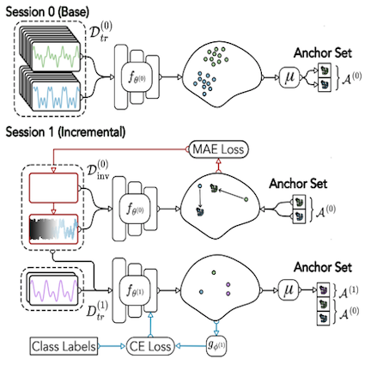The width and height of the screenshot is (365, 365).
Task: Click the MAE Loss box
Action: [218, 149]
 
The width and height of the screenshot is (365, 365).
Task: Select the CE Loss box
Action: [150, 346]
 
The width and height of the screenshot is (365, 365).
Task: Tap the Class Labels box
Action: [64, 346]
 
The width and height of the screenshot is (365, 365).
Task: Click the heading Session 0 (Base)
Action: [47, 12]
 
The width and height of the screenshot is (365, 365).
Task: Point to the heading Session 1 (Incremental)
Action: [65, 132]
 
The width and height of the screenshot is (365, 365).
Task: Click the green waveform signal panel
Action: [56, 57]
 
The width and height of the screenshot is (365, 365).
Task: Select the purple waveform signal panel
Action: [54, 289]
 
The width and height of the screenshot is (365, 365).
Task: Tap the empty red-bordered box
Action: [53, 188]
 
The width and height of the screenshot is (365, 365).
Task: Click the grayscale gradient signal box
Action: [53, 229]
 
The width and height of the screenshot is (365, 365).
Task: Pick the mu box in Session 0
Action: [289, 77]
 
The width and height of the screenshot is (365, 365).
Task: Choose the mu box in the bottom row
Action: [289, 290]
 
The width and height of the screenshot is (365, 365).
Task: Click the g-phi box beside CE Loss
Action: [216, 346]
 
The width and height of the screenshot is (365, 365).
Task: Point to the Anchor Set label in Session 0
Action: [323, 53]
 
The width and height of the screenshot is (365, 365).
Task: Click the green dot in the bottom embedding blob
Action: [214, 272]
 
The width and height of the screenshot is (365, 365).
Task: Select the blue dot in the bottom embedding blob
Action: [201, 292]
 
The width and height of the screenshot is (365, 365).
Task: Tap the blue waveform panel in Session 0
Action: [56, 95]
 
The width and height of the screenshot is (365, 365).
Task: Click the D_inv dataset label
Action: [98, 169]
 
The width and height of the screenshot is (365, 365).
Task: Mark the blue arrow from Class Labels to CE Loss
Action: [112, 346]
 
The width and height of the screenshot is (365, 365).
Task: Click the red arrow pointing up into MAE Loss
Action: [218, 165]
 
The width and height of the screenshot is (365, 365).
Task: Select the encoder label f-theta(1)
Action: [135, 291]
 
